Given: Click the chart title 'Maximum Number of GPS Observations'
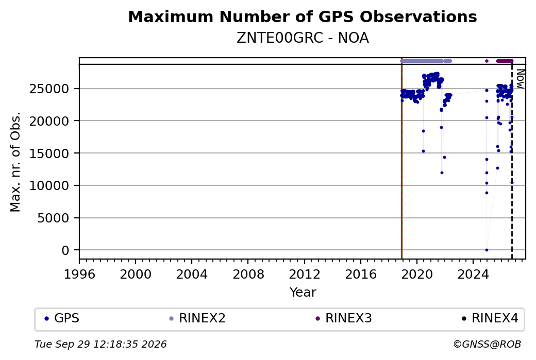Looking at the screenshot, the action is click(303, 16).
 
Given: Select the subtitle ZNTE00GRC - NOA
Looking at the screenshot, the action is click(303, 38).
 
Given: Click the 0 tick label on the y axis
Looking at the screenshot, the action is click(65, 250).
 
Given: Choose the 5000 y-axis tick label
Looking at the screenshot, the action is click(53, 218).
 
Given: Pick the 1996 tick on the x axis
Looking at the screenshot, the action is click(79, 274).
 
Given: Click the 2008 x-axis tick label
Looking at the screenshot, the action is click(248, 274).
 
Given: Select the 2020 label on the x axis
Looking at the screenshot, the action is click(417, 274).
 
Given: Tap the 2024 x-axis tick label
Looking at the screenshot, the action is click(473, 274).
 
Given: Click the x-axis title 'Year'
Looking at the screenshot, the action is click(303, 293).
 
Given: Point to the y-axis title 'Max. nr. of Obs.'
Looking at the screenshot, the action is click(15, 162).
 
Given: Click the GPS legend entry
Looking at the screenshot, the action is click(62, 318).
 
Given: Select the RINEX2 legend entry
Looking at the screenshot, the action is click(197, 318).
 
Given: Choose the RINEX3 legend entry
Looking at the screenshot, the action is click(344, 318).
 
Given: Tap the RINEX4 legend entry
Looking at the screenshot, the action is click(490, 318).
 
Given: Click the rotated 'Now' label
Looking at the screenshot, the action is click(520, 79).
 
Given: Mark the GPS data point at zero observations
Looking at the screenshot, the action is click(487, 250).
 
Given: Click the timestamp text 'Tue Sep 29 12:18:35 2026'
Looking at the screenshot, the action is click(100, 344).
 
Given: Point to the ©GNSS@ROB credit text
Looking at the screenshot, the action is click(487, 344).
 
